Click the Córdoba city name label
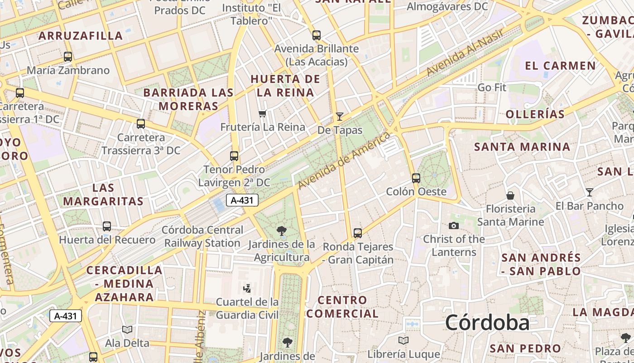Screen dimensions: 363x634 pyautogui.click(x=487, y=323)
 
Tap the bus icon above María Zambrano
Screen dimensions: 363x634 pyautogui.click(x=68, y=57)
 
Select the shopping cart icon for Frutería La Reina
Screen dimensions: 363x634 pyautogui.click(x=262, y=113)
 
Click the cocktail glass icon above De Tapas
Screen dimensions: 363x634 pyautogui.click(x=339, y=117)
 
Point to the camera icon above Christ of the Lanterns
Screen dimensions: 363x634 pyautogui.click(x=453, y=226)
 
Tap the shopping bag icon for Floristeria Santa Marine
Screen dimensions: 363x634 pyautogui.click(x=510, y=196)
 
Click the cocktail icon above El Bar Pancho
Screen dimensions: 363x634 pyautogui.click(x=589, y=192)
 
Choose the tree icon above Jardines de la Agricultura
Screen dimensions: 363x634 pyautogui.click(x=281, y=231)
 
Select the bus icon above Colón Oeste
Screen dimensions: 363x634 pyautogui.click(x=416, y=178)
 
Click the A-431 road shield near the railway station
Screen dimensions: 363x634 pyautogui.click(x=242, y=200)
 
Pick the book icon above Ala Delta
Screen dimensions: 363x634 pyautogui.click(x=127, y=329)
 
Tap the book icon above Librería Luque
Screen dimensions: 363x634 pyautogui.click(x=403, y=340)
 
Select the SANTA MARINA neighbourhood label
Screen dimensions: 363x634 pyautogui.click(x=522, y=147)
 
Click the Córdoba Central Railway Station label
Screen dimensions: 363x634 pyautogui.click(x=202, y=236)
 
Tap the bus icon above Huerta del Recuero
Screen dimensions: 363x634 pyautogui.click(x=107, y=226)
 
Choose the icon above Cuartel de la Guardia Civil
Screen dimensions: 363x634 pyautogui.click(x=247, y=288)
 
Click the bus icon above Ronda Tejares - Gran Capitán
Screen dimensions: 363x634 pyautogui.click(x=358, y=233)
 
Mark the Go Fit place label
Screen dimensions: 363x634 pyautogui.click(x=492, y=87)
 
